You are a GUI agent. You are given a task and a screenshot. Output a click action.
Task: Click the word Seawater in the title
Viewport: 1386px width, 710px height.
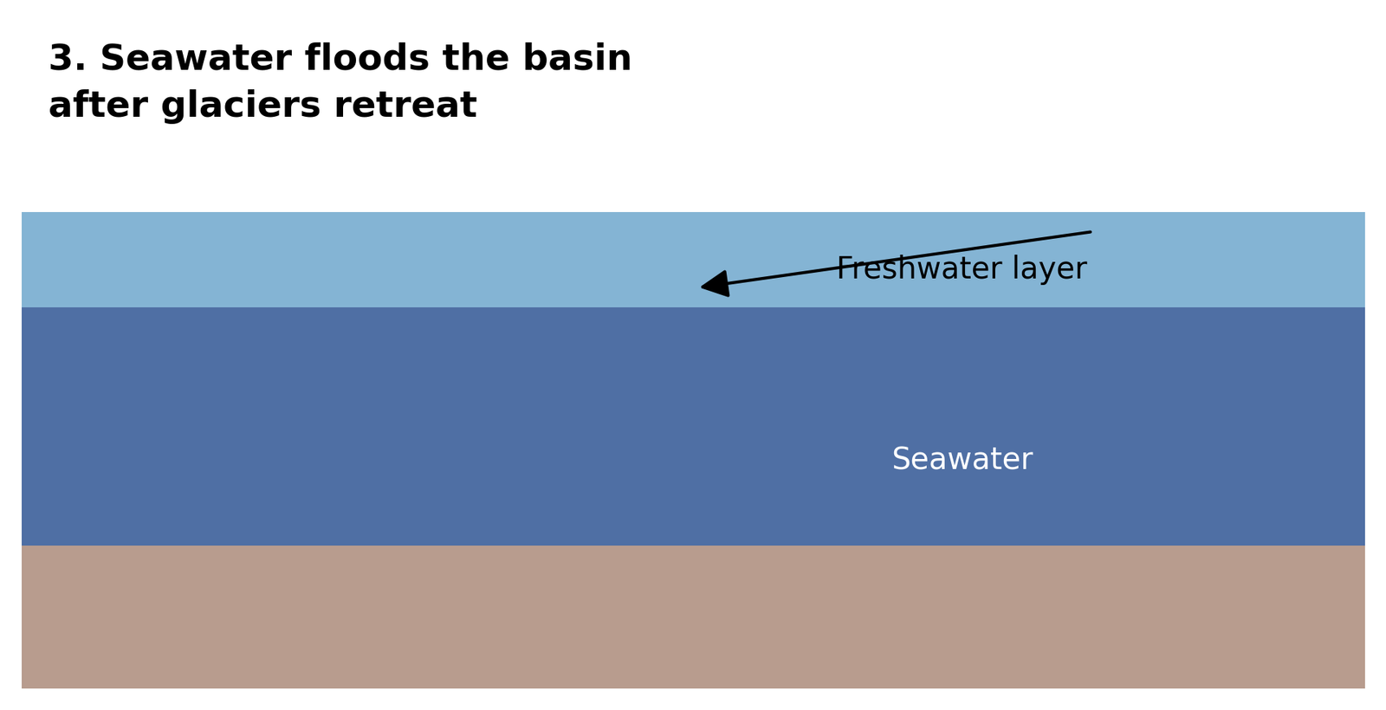point(196,58)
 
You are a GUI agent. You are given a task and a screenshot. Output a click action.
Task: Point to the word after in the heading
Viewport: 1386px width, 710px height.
point(98,105)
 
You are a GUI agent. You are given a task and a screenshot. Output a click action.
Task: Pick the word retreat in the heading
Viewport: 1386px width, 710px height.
point(405,106)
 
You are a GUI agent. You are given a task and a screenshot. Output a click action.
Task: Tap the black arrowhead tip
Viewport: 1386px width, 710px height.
point(702,287)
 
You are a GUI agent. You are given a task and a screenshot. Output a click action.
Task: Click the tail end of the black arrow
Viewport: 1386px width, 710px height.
point(1091,232)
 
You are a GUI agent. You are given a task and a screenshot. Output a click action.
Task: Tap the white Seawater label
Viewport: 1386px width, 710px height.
point(962,459)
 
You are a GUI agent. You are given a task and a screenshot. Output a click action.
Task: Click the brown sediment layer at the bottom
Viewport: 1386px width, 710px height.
point(693,616)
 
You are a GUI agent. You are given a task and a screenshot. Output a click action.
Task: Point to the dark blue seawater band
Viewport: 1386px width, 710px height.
point(693,426)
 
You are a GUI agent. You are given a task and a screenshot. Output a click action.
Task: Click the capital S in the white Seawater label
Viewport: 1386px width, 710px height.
point(902,459)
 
